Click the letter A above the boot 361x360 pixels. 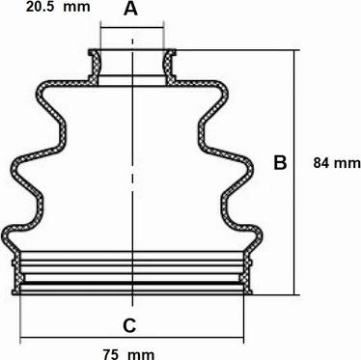[130, 9]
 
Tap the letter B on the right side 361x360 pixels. [280, 162]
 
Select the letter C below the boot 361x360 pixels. [129, 325]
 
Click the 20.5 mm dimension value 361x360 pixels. [58, 7]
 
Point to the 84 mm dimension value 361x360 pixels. [337, 163]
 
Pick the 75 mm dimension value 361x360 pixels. [128, 354]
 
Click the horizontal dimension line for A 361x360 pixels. [132, 28]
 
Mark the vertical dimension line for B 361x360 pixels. [294, 173]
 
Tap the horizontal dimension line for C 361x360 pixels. [132, 338]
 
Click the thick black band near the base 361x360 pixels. [132, 283]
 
